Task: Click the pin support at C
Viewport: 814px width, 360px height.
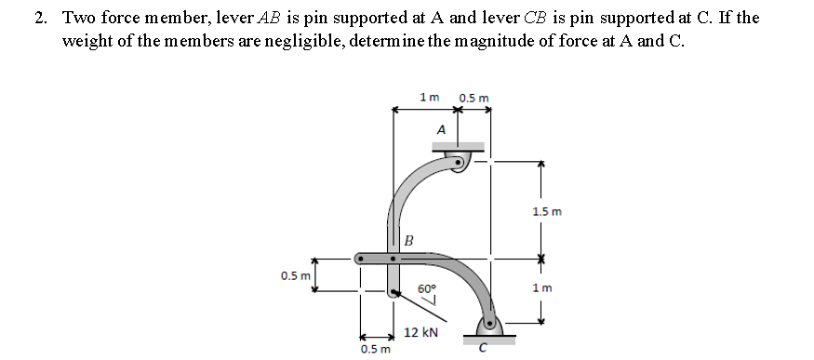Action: pyautogui.click(x=488, y=325)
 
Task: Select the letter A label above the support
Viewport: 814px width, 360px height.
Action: pyautogui.click(x=441, y=128)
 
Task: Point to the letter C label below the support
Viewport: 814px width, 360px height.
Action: pyautogui.click(x=481, y=349)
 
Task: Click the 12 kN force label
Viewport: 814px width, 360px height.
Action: pyautogui.click(x=421, y=332)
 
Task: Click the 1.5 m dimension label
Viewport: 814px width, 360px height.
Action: pyautogui.click(x=548, y=212)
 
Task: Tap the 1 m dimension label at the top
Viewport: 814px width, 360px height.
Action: pyautogui.click(x=429, y=97)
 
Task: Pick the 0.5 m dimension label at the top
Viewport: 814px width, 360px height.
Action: pyautogui.click(x=474, y=97)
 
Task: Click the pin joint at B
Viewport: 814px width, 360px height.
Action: pyautogui.click(x=394, y=255)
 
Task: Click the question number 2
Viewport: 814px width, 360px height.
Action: pyautogui.click(x=40, y=18)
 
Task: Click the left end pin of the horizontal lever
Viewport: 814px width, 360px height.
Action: pyautogui.click(x=359, y=256)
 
